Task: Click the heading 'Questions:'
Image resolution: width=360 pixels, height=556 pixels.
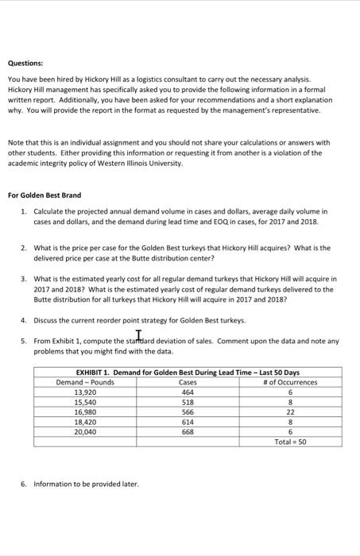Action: tap(25, 64)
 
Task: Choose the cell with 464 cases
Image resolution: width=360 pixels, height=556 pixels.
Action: tap(187, 392)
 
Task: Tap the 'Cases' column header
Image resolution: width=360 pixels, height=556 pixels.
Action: tap(187, 382)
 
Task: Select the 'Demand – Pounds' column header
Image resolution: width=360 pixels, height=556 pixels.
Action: tap(85, 382)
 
